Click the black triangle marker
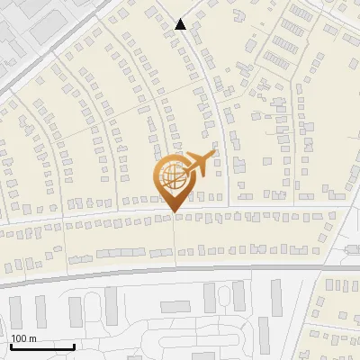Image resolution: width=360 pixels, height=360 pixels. point(181,24)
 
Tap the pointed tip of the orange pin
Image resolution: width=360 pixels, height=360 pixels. point(173,212)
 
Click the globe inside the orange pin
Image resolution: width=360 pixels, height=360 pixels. point(172,177)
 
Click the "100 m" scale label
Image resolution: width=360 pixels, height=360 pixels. point(23,338)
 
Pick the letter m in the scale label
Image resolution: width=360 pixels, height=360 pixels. point(32,338)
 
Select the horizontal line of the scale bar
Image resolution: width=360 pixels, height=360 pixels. point(42,346)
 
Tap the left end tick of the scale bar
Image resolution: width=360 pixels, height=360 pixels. point(11,345)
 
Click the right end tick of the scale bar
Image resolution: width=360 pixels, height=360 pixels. point(75,345)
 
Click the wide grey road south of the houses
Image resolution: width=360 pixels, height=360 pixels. point(180,269)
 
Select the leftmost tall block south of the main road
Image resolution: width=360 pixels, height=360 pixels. point(15,311)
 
